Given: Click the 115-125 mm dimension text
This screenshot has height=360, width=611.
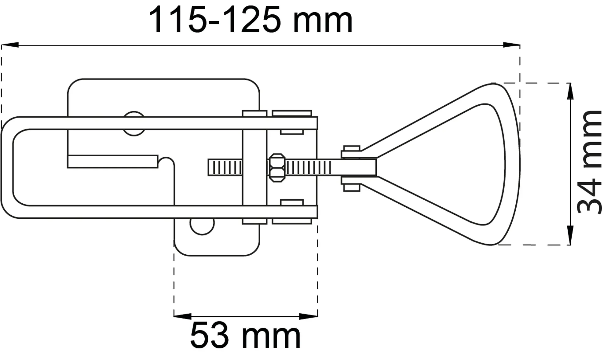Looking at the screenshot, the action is coord(250,20).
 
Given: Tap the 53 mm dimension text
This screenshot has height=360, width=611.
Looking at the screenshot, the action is coord(245,336).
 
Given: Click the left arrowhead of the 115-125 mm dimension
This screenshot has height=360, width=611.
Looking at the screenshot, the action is coord(10,45).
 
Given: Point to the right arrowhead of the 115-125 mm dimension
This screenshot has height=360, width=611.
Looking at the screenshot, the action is coord(511,45).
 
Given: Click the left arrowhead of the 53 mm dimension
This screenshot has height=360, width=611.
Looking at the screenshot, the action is coord(183,316).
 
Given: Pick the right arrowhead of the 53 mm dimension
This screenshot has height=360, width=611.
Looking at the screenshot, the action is coord(309,316).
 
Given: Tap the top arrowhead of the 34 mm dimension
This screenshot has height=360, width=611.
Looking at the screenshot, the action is coord(570,91).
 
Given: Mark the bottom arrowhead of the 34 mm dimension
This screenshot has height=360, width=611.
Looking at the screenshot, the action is coord(570,236).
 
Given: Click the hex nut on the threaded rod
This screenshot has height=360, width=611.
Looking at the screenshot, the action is coord(277,168).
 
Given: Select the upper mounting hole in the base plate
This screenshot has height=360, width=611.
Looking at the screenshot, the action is coord(134,124).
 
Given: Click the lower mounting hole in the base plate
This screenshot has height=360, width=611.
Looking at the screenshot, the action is coord(202,224).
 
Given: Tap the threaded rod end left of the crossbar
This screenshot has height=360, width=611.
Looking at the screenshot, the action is coord(225,167).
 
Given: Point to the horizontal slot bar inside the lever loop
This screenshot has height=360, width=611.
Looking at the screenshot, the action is coord(113,162).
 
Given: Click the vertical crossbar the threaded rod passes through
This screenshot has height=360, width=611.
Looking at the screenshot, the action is coord(254,167).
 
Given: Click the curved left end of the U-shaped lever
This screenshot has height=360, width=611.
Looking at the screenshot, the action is coord(7,167).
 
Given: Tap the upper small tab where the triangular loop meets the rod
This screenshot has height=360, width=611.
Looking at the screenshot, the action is coord(351,152).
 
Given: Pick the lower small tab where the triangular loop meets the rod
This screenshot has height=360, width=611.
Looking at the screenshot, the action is coord(351,184).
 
